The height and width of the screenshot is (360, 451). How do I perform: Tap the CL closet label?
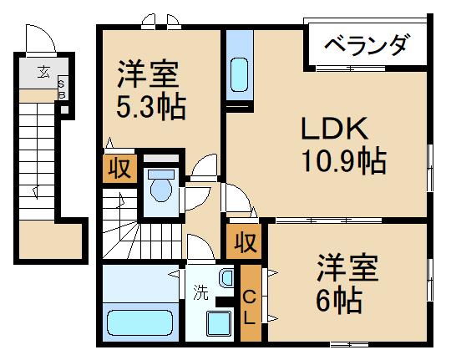250,307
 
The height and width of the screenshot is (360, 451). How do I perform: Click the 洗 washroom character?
200,292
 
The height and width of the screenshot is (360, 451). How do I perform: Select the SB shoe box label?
62,89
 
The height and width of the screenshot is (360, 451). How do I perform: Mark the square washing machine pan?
220,321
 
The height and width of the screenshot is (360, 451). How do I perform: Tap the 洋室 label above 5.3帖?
148,75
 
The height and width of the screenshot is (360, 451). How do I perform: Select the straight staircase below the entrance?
38,159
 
